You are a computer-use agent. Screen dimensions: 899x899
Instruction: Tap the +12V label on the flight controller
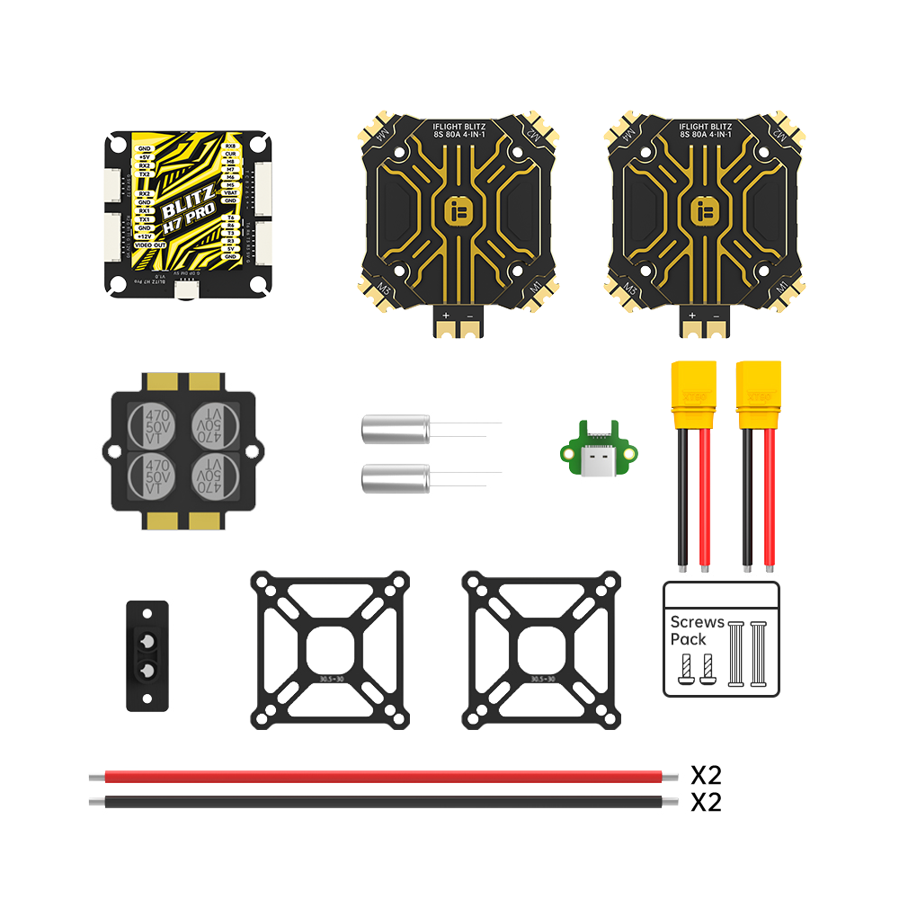tap(145, 236)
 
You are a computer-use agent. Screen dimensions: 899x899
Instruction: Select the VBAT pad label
tap(230, 192)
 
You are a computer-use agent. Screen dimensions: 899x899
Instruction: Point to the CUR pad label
tap(230, 154)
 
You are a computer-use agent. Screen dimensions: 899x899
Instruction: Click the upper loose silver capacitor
tap(395, 429)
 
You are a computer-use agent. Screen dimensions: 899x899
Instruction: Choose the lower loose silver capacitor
tap(395, 478)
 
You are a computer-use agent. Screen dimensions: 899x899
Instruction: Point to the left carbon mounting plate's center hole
tap(329, 649)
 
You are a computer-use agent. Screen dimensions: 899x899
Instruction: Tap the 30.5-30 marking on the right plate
tap(541, 680)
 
